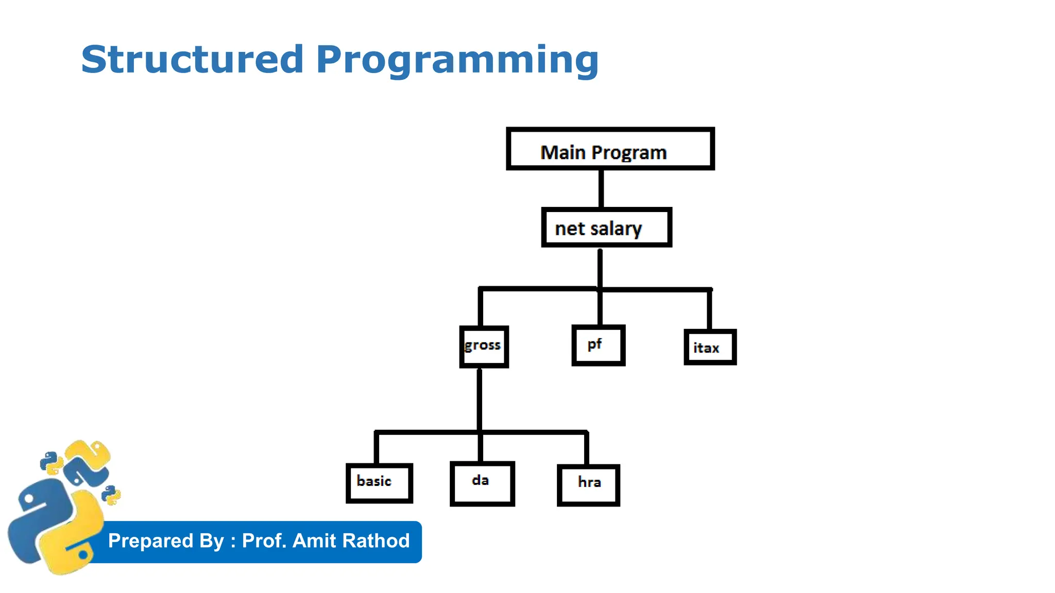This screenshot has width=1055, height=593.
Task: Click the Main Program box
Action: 610,149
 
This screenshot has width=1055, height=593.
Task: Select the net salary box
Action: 606,228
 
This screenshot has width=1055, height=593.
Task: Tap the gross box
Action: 484,346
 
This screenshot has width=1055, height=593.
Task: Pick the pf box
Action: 598,345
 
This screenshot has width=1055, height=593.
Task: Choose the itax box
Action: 710,347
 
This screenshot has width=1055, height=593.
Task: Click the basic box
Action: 379,483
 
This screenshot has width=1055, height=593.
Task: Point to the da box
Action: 482,483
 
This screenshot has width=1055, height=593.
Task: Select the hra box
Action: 588,485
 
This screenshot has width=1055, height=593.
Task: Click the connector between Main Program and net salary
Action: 601,188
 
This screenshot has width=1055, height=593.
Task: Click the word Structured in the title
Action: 192,60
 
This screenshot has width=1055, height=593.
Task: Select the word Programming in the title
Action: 457,61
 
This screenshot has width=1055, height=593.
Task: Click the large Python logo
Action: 54,525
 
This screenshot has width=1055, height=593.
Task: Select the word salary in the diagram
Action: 616,229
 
